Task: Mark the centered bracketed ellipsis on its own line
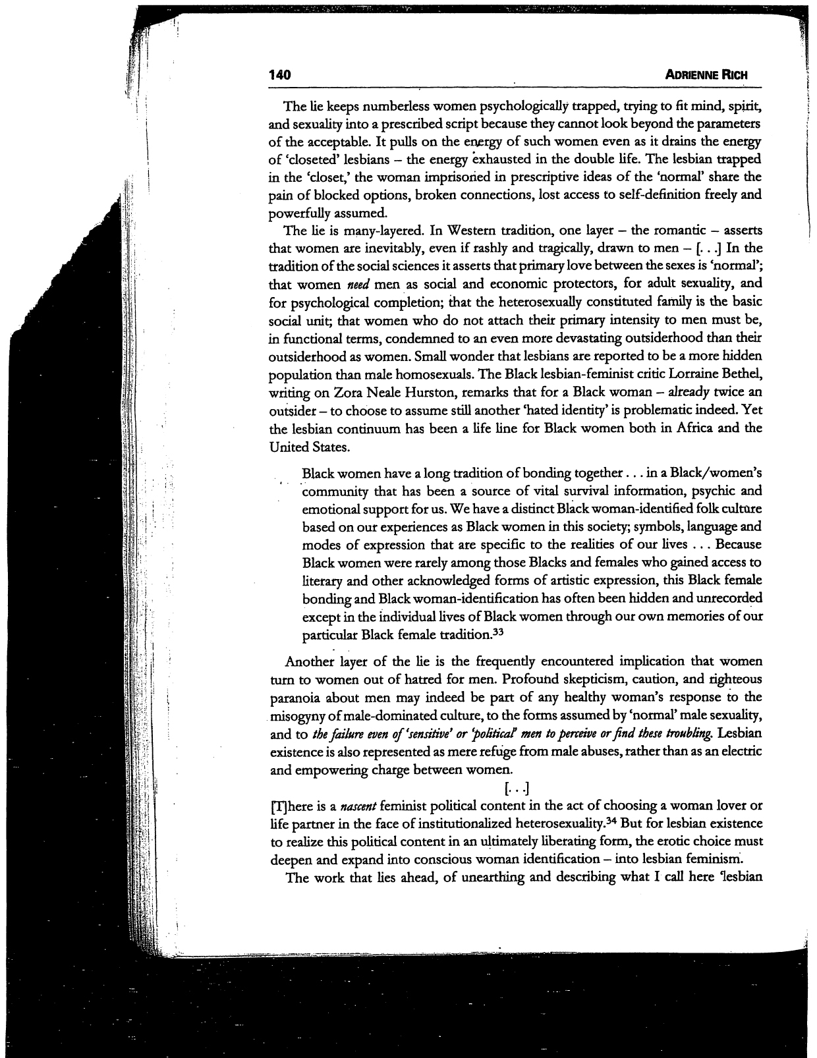pos(517,788)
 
